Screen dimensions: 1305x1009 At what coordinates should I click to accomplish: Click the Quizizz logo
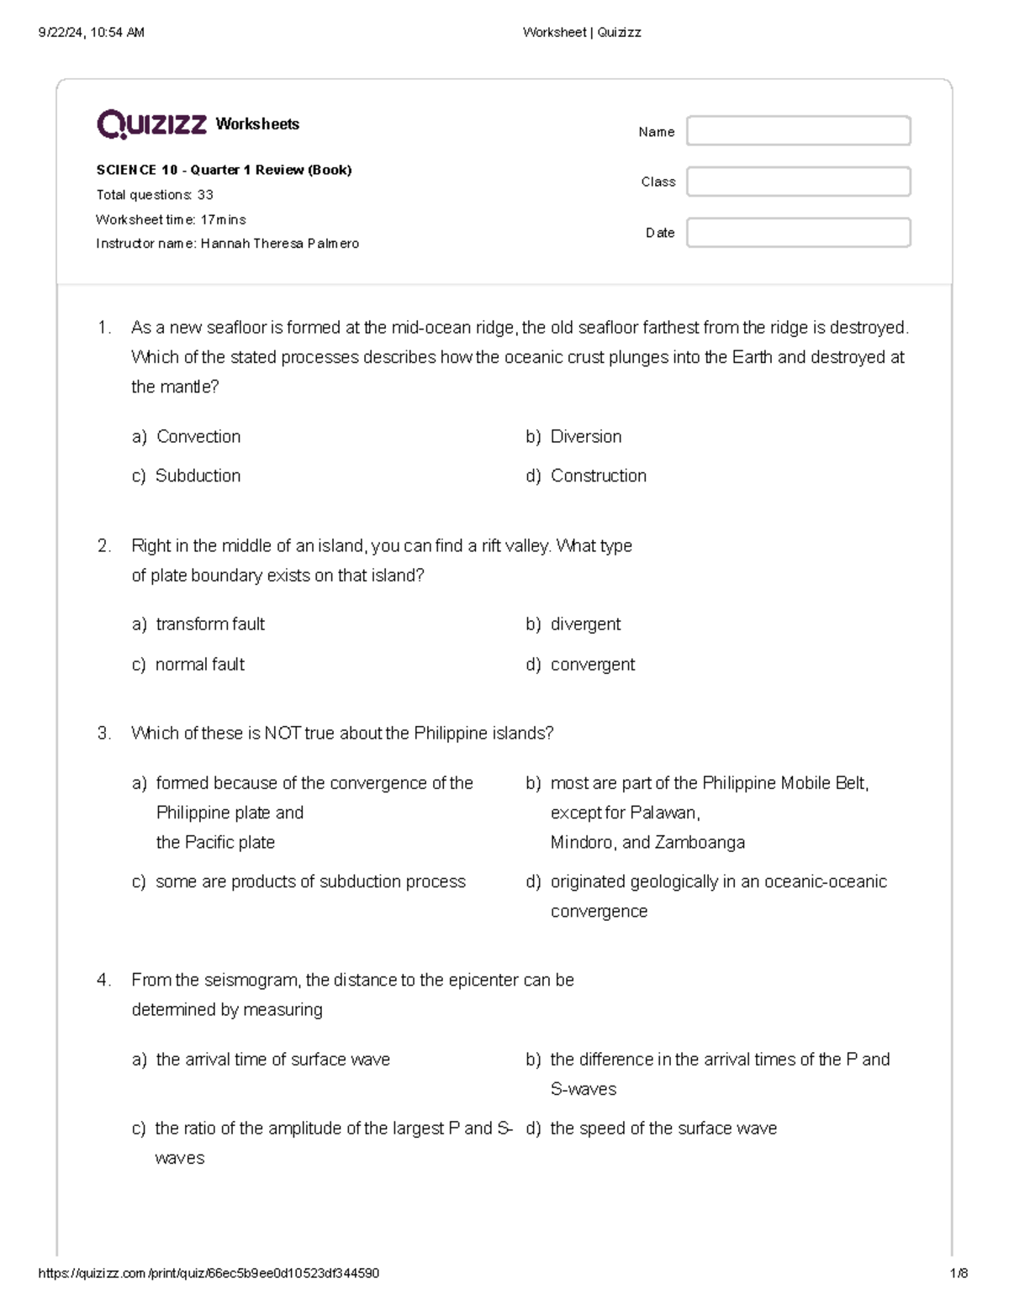151,124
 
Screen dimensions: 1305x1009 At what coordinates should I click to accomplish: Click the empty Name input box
798,131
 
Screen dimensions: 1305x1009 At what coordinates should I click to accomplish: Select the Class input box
798,182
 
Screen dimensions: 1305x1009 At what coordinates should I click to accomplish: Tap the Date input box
798,233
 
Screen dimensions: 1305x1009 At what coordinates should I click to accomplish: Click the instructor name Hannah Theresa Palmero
279,244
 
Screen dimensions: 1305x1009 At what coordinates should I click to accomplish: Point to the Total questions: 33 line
155,195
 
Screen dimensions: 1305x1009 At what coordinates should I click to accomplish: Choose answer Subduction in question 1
198,476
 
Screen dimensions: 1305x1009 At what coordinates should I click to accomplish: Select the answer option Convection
198,437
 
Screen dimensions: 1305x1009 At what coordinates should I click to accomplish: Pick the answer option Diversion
585,437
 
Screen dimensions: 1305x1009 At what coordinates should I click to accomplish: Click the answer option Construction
598,476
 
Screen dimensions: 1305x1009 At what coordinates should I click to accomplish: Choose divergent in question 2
585,624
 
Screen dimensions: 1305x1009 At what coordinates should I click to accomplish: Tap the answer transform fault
210,624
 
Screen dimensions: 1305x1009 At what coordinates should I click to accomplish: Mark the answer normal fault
199,665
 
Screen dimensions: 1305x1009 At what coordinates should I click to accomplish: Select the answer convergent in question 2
592,665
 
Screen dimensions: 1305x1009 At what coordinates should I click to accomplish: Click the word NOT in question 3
283,734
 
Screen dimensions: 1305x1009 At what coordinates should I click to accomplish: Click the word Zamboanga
700,843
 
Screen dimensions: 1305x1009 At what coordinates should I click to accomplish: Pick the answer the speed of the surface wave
663,1129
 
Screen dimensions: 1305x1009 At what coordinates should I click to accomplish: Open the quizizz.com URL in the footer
209,1273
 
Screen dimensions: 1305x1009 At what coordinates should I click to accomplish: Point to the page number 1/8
958,1273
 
